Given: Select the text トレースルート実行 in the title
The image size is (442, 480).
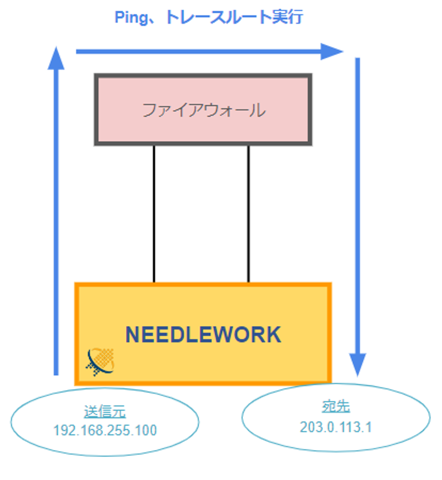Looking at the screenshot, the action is (x=234, y=17).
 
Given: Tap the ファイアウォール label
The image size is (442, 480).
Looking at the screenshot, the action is (x=204, y=110).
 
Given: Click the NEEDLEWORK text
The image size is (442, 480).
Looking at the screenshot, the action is (x=203, y=335).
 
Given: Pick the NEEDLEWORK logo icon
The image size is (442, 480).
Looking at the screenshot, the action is (x=100, y=362).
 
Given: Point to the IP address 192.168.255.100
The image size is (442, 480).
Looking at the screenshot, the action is (x=105, y=430).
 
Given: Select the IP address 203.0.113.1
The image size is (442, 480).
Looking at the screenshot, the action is (x=336, y=428).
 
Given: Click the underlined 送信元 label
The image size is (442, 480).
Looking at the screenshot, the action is (x=105, y=412).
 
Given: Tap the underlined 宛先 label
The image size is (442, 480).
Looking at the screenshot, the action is (x=336, y=407).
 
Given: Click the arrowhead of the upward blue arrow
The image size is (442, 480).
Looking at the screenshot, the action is (x=56, y=58).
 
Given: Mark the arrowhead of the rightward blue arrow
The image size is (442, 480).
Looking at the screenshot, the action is (x=332, y=51).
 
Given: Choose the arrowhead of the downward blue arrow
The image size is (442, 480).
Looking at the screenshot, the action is (x=357, y=365).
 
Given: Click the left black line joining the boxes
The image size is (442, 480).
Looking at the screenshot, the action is (x=154, y=214).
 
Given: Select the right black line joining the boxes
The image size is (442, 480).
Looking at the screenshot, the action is (x=249, y=214).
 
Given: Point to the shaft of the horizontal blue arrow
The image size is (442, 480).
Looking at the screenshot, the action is (x=199, y=52).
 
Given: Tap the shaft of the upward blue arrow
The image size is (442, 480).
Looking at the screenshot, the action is (x=56, y=222).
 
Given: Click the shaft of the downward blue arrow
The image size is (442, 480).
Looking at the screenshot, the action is (x=357, y=206).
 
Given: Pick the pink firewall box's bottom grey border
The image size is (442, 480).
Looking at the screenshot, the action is (x=203, y=143).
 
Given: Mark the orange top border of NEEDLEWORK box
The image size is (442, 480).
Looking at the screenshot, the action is (x=203, y=285).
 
